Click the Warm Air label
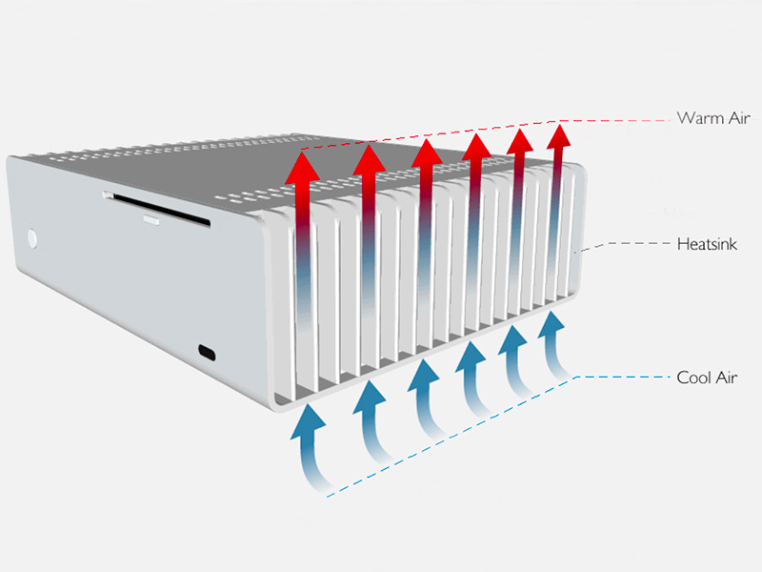pyautogui.click(x=713, y=117)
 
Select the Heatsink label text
pyautogui.click(x=707, y=244)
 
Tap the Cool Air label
pyautogui.click(x=707, y=378)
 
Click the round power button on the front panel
pyautogui.click(x=32, y=239)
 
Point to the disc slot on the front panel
pyautogui.click(x=156, y=209)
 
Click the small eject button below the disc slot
pyautogui.click(x=151, y=221)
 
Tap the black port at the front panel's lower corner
pyautogui.click(x=207, y=352)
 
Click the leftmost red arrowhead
pyautogui.click(x=302, y=169)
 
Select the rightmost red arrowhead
pyautogui.click(x=559, y=136)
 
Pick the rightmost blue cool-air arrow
pyautogui.click(x=553, y=344)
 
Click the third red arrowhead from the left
pyautogui.click(x=427, y=153)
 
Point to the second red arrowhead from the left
pyautogui.click(x=370, y=160)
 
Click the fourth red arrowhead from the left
pyautogui.click(x=477, y=148)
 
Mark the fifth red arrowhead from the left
pyautogui.click(x=520, y=142)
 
